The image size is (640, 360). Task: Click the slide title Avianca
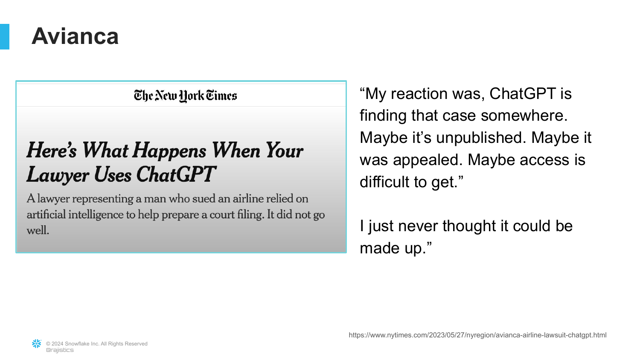pos(75,36)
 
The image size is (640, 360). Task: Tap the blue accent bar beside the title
pos(5,37)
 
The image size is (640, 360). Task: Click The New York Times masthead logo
pos(186,96)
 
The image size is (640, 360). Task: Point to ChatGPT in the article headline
pos(175,174)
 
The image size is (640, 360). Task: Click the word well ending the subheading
pos(38,230)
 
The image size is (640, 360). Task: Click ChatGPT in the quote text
pos(523,93)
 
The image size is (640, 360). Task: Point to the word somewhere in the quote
pos(524,116)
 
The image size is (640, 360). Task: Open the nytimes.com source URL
pos(477,335)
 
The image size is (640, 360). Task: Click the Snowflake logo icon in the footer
pos(37,344)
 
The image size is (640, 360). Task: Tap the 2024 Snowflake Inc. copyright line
pos(96,344)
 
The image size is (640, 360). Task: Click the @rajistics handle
pos(60,350)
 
